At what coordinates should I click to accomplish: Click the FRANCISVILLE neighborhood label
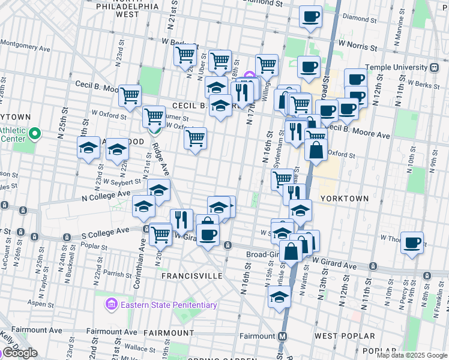pos(191,276)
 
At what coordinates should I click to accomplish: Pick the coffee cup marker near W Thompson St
pos(412,243)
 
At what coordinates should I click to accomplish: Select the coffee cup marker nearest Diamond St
pos(310,17)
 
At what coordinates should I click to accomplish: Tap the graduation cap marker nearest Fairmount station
pos(280,297)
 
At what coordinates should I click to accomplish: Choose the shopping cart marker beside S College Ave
pos(160,234)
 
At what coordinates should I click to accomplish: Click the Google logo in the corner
pos(19,353)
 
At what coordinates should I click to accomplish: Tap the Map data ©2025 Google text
pos(412,355)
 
